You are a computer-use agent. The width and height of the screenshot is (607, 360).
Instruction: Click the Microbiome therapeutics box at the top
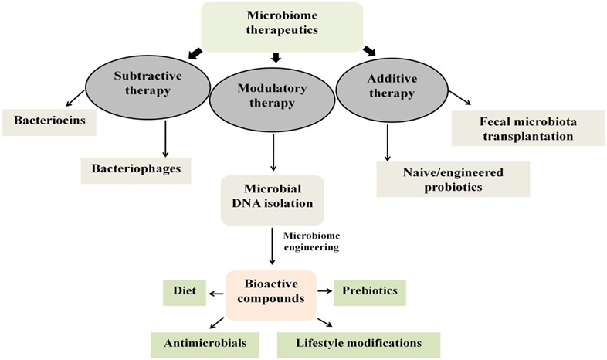282,27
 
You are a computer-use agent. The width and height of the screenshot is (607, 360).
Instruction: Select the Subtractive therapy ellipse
148,89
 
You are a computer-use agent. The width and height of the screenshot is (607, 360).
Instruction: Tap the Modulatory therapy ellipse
272,102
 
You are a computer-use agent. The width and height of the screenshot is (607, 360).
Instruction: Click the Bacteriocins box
49,122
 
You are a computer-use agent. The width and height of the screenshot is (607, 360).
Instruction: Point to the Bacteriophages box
136,170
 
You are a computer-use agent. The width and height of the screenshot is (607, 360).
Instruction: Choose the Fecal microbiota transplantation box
528,128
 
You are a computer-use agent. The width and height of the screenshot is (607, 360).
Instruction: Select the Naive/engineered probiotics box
453,179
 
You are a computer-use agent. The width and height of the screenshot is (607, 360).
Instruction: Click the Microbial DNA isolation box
272,200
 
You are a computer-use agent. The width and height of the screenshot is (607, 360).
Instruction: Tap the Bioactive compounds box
271,295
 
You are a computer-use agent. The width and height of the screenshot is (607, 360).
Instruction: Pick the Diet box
185,293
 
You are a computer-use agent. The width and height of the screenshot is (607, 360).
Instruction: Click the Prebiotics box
370,293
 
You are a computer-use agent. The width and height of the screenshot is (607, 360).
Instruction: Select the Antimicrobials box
205,345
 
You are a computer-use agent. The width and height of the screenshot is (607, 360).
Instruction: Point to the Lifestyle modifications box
359,345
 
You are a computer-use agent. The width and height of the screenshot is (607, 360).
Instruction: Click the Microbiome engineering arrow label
311,241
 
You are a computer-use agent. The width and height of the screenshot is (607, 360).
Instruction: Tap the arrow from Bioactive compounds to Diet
216,294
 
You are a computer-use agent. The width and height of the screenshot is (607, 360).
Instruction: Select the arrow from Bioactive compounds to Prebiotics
325,290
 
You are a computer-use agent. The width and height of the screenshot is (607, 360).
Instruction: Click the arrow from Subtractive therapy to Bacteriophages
166,138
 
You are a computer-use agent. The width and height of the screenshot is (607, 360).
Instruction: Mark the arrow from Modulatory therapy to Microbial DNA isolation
273,152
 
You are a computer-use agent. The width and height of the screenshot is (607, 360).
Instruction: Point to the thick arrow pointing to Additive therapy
369,51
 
